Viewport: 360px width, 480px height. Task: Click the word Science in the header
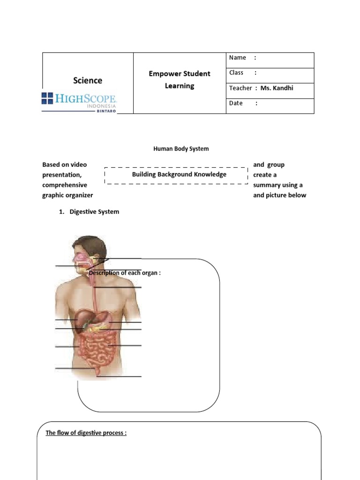tap(88, 81)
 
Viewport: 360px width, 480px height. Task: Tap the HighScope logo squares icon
tap(47, 98)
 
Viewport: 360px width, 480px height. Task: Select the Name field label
tap(238, 58)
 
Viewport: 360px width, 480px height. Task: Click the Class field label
tap(236, 73)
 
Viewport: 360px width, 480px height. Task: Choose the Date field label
tap(236, 103)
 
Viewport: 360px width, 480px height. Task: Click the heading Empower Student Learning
tap(180, 80)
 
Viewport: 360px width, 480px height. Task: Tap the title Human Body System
tap(181, 149)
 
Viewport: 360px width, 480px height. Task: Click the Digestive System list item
tap(94, 212)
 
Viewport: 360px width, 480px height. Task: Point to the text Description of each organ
tap(125, 273)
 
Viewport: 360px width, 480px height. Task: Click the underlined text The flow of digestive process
tap(86, 433)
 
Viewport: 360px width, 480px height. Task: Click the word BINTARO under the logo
tap(106, 111)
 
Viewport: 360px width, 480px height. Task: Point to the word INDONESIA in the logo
tap(101, 106)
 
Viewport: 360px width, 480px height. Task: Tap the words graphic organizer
tap(67, 195)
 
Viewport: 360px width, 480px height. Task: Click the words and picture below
tap(279, 195)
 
